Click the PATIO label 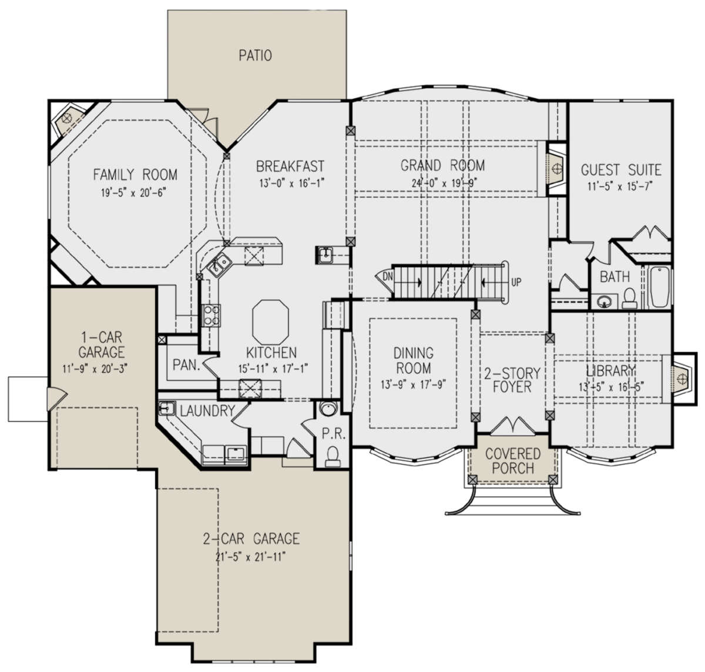[256, 56]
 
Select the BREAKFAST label [290, 166]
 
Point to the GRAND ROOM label [442, 165]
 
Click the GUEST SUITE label [621, 170]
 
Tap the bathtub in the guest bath [660, 287]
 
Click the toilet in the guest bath [629, 299]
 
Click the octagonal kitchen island [270, 322]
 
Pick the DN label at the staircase [388, 276]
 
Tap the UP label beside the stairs [516, 283]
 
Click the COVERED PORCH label [513, 461]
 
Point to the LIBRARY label [611, 370]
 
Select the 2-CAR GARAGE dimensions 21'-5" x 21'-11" [250, 557]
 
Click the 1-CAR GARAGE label [102, 345]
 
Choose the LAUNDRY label [207, 410]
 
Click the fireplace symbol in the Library [681, 379]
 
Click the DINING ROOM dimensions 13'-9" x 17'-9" [413, 385]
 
